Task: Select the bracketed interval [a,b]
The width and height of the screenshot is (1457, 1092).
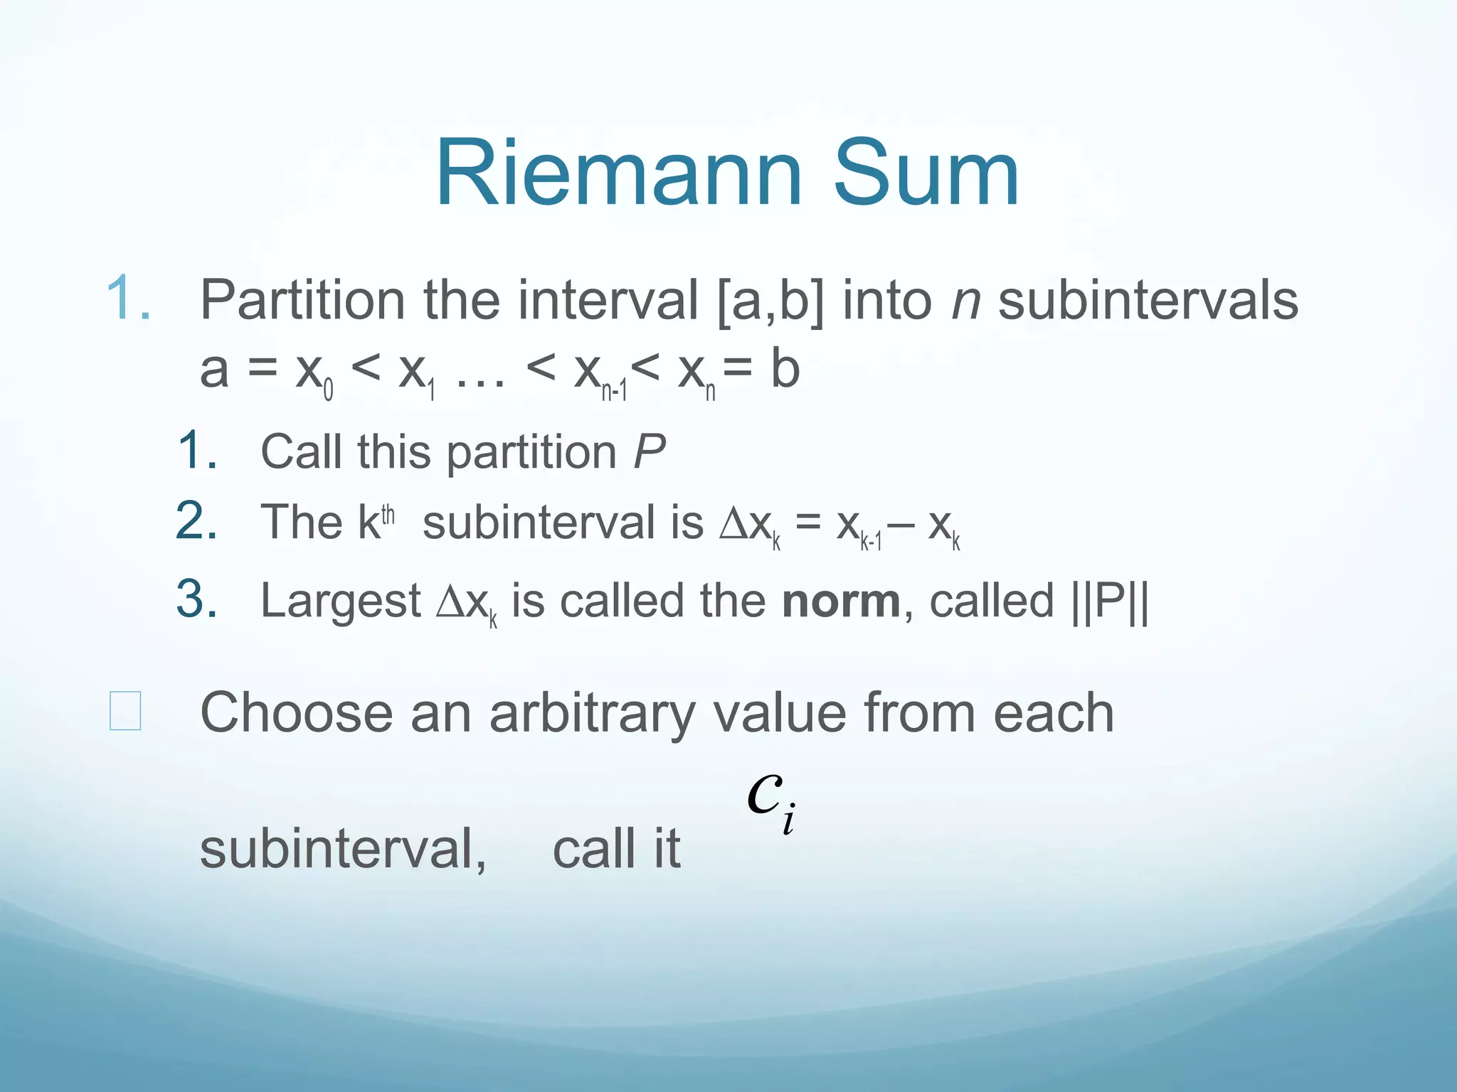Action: (x=770, y=300)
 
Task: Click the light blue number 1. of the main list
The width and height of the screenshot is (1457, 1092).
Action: (x=128, y=299)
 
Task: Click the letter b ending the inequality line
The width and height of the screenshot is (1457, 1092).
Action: (x=785, y=370)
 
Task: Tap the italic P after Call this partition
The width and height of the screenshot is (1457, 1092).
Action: (x=649, y=451)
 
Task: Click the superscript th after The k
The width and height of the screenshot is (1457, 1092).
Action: (x=388, y=513)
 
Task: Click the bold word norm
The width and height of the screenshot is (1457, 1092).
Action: (x=841, y=601)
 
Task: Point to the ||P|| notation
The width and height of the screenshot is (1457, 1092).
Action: (x=1110, y=601)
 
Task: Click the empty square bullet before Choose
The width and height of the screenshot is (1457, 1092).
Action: (x=125, y=711)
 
